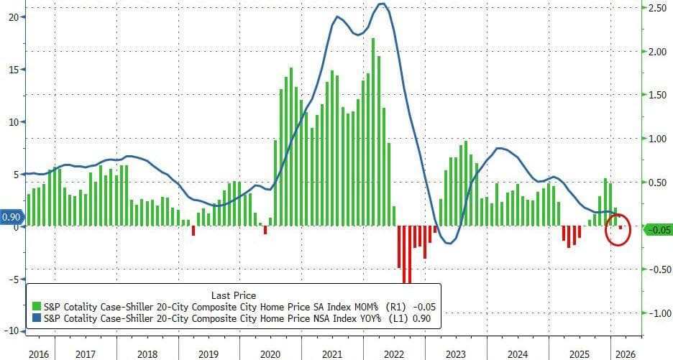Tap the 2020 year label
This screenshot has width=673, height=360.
coord(270,354)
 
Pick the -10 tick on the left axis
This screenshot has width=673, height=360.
coord(11,331)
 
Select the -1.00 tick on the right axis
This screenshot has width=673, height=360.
coord(656,313)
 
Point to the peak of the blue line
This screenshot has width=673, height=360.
coord(383,4)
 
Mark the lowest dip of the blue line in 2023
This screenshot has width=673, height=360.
coord(448,243)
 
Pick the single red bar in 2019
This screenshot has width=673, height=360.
coord(193,230)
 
